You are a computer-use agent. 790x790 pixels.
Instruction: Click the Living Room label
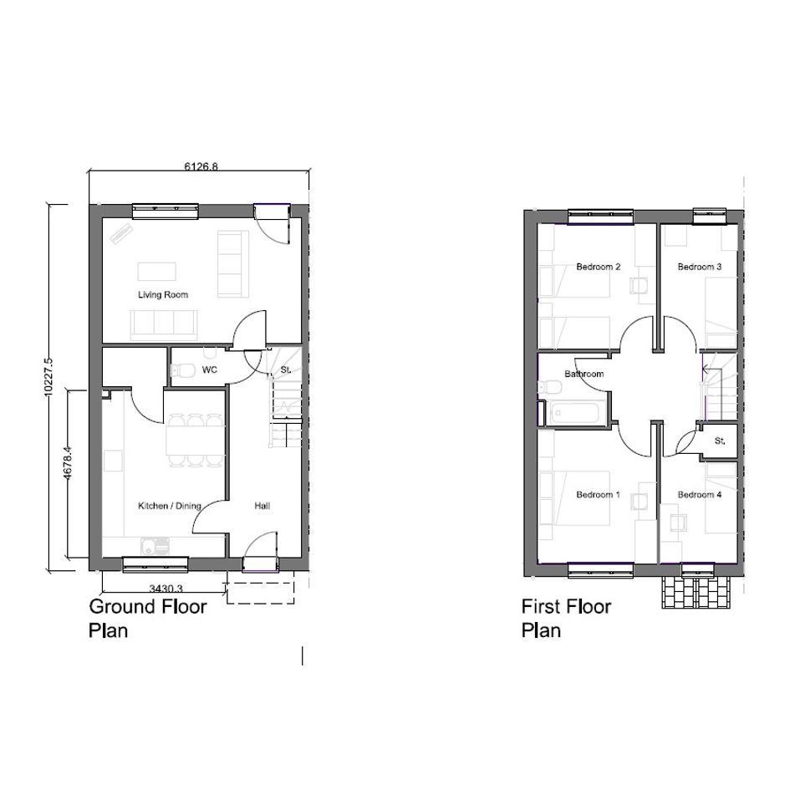click(x=163, y=295)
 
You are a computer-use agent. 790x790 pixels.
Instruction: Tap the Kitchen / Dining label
click(x=169, y=506)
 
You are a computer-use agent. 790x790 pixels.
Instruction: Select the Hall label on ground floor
click(x=262, y=506)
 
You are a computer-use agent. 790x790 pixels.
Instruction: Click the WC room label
click(x=210, y=370)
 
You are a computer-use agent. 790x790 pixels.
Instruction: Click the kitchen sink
click(x=155, y=546)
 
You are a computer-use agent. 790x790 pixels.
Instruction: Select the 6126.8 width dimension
click(x=201, y=166)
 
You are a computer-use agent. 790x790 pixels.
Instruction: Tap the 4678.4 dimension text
click(x=68, y=463)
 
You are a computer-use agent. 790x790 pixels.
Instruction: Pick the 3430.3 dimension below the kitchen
click(x=166, y=588)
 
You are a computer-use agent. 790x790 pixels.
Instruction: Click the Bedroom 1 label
click(x=598, y=495)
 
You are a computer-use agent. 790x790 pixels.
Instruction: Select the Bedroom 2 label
click(x=598, y=267)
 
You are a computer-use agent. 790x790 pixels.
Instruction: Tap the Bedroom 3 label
click(x=700, y=267)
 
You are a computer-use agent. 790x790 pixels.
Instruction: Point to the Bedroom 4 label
click(x=700, y=495)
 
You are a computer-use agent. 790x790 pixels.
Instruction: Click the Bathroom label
click(x=584, y=374)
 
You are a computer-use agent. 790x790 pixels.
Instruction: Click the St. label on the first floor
click(x=720, y=441)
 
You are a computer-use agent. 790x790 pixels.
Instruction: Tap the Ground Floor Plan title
click(x=148, y=618)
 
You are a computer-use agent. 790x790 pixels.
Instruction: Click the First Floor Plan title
click(x=566, y=618)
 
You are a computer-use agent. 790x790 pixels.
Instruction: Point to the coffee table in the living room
click(x=157, y=272)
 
